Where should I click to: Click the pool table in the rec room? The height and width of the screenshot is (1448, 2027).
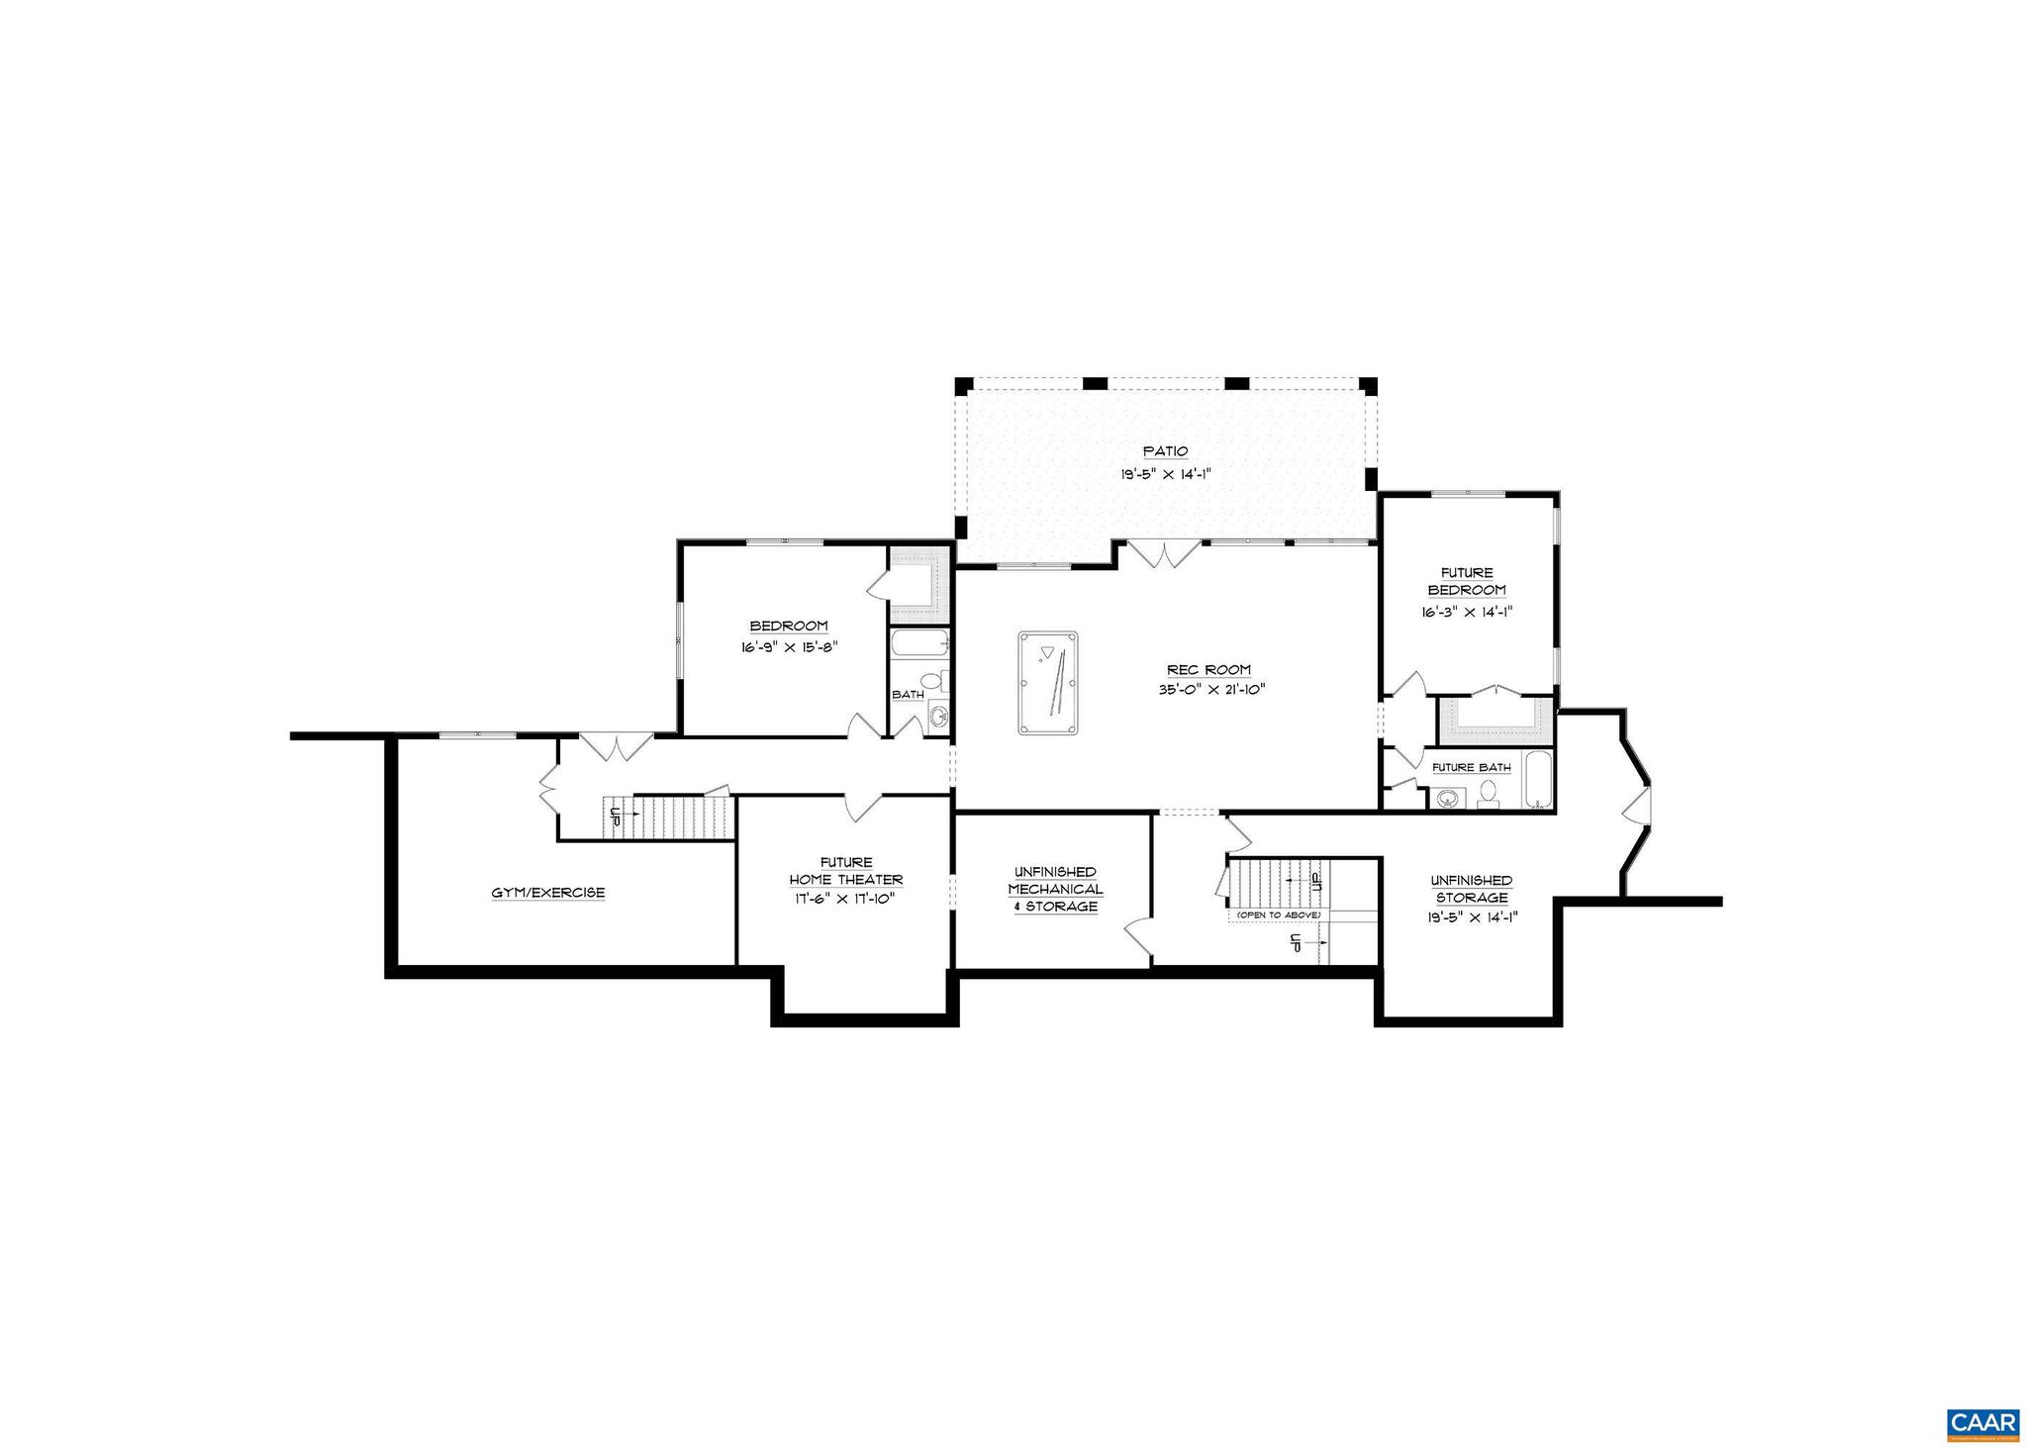(1048, 683)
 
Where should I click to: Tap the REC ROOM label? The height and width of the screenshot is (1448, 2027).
(1208, 670)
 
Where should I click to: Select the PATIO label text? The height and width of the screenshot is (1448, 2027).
(1165, 451)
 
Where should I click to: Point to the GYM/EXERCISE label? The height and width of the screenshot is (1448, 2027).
(548, 893)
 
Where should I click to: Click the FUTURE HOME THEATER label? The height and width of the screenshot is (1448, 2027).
(845, 871)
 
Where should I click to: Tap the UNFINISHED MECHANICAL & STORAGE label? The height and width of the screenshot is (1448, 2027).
(1055, 889)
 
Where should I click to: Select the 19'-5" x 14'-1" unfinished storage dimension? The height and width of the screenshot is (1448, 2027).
(1472, 917)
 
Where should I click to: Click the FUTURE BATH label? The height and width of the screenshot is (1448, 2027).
(1471, 768)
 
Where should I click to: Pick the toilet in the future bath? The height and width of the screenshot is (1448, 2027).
(1488, 794)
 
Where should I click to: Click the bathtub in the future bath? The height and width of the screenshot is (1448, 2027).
(1539, 782)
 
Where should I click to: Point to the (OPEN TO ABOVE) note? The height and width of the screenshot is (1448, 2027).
(1278, 916)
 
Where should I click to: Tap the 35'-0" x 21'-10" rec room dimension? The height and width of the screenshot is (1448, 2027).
(1211, 691)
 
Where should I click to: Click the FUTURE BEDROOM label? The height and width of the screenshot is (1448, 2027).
(1467, 581)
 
